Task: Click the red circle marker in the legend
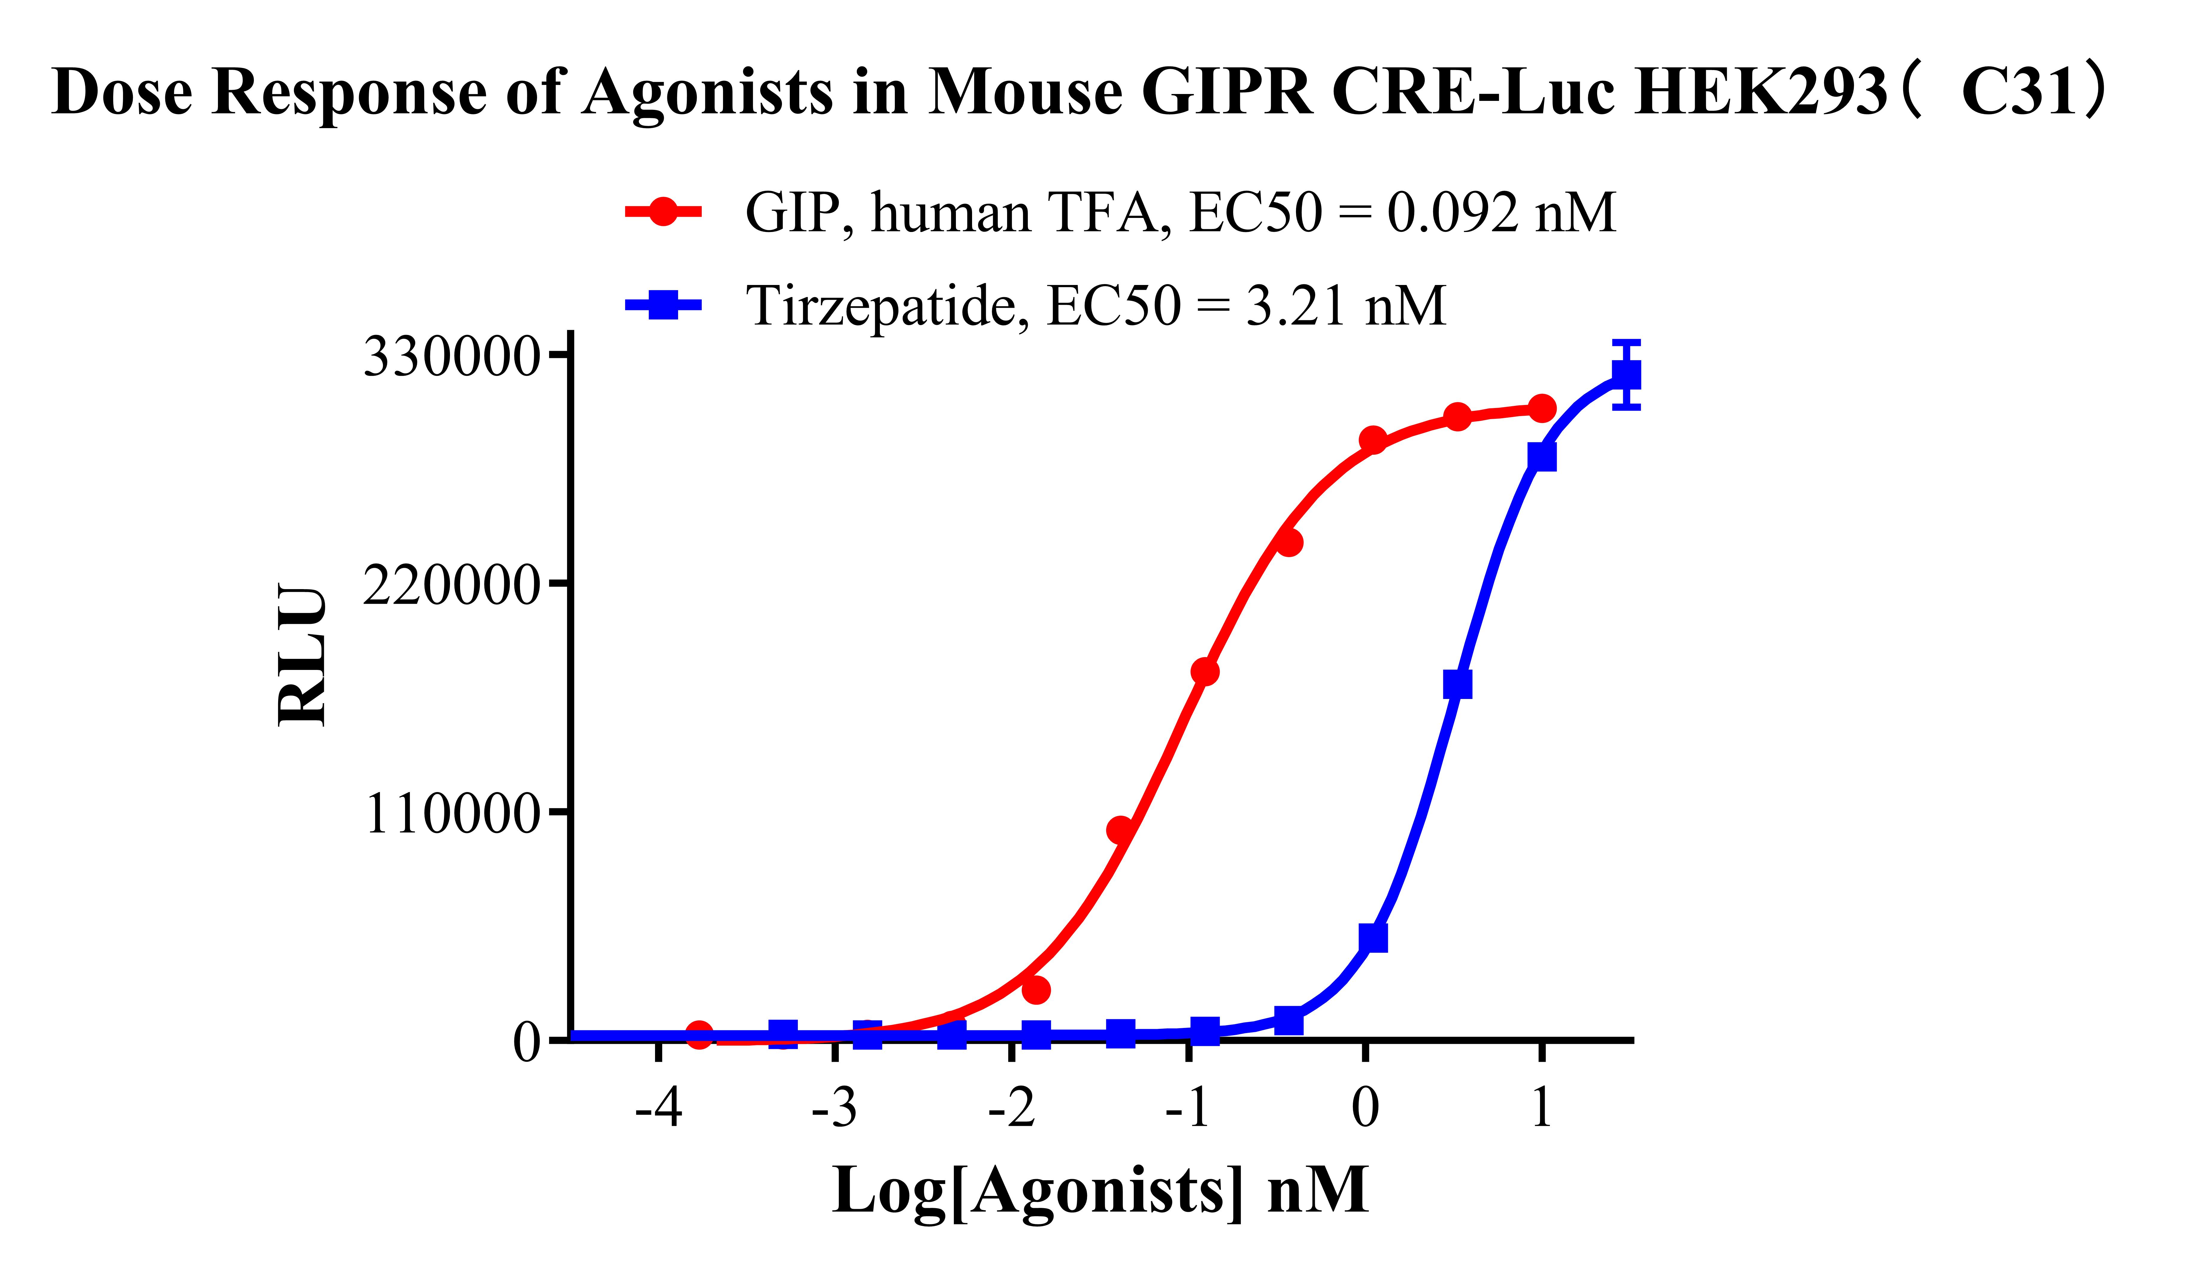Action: point(663,211)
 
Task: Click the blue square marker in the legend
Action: point(663,305)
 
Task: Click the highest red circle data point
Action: point(1542,408)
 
